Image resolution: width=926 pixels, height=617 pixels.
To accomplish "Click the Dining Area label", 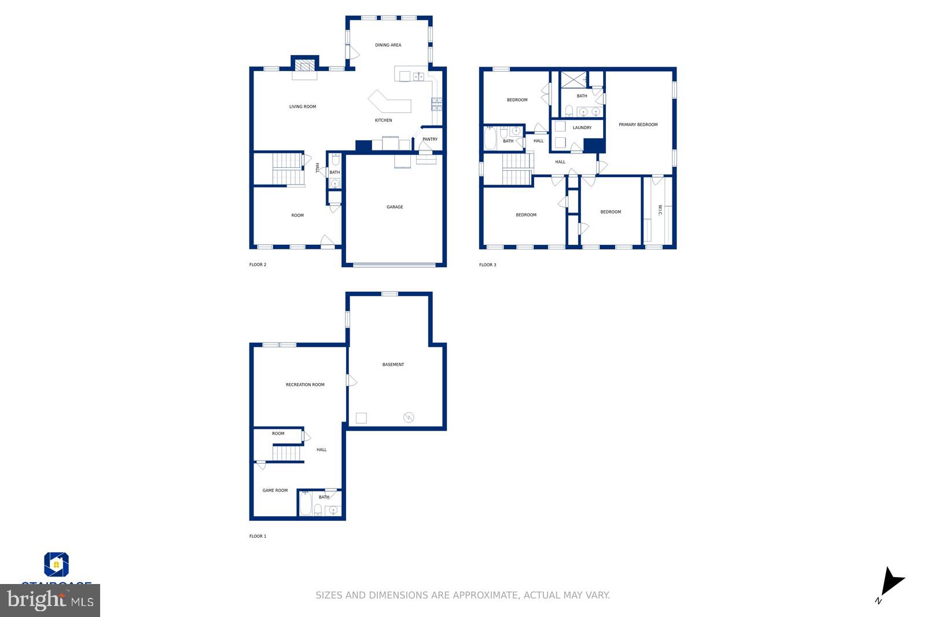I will coord(388,45).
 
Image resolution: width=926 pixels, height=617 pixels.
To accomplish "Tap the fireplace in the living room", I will coord(304,65).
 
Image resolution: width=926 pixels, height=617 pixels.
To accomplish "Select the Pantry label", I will coord(430,139).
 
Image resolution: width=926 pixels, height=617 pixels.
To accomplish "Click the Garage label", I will coord(395,207).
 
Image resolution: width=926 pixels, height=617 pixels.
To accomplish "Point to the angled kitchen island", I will coord(389,102).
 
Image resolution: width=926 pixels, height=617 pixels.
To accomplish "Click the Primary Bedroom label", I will coord(638,125).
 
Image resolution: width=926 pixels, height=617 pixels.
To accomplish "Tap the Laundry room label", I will coord(582,128).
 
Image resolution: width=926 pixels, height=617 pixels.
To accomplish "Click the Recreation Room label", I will coord(305,385).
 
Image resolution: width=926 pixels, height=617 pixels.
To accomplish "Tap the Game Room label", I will coord(275,491).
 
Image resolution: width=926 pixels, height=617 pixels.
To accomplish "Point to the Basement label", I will coord(393,365).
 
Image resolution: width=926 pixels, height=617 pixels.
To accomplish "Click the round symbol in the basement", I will coord(409,417).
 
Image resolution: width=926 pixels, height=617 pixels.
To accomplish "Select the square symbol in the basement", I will coord(361,418).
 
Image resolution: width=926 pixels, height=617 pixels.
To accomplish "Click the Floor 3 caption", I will coord(487,265).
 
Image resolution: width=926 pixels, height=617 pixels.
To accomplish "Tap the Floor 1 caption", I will coord(258,537).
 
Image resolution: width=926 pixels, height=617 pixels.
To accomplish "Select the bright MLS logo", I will coord(50,600).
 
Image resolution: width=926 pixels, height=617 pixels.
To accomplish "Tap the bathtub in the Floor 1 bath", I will coord(305,504).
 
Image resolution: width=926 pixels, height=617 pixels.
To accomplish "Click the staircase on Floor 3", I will coord(517,169).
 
